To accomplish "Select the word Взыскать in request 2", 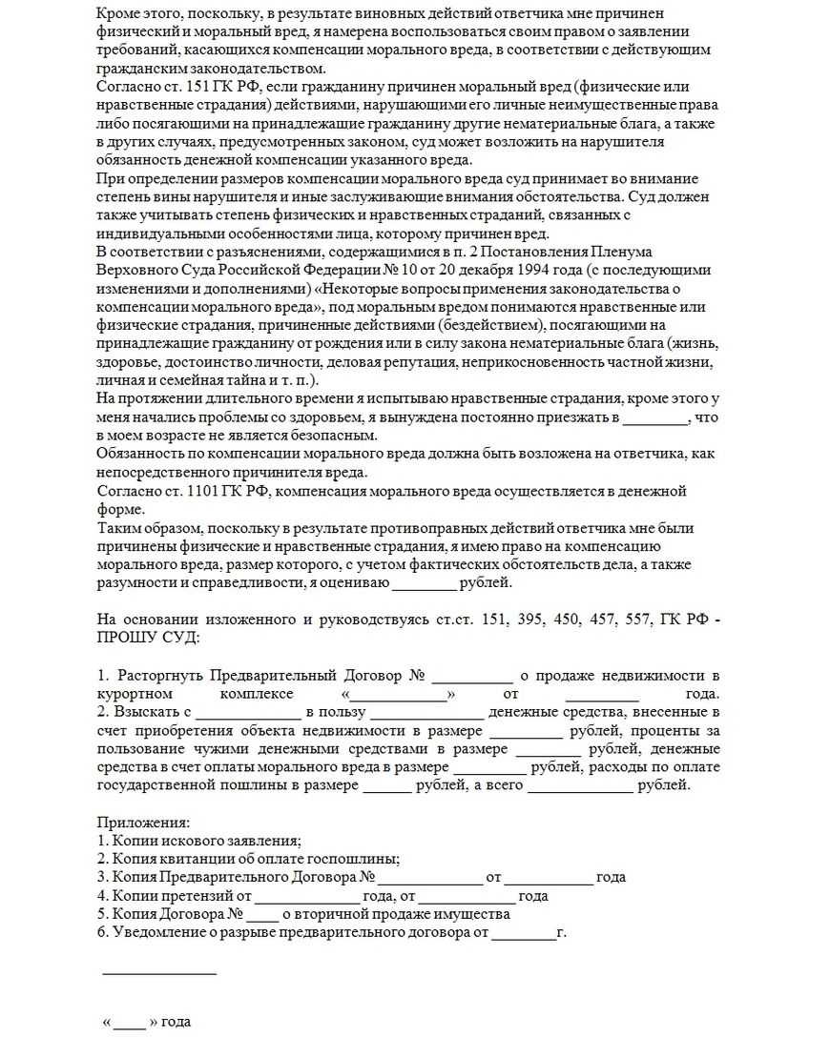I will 146,712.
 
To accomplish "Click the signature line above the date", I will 159,973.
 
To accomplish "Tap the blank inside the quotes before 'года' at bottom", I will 129,1022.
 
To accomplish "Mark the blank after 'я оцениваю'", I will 425,582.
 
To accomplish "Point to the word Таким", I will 117,527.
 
